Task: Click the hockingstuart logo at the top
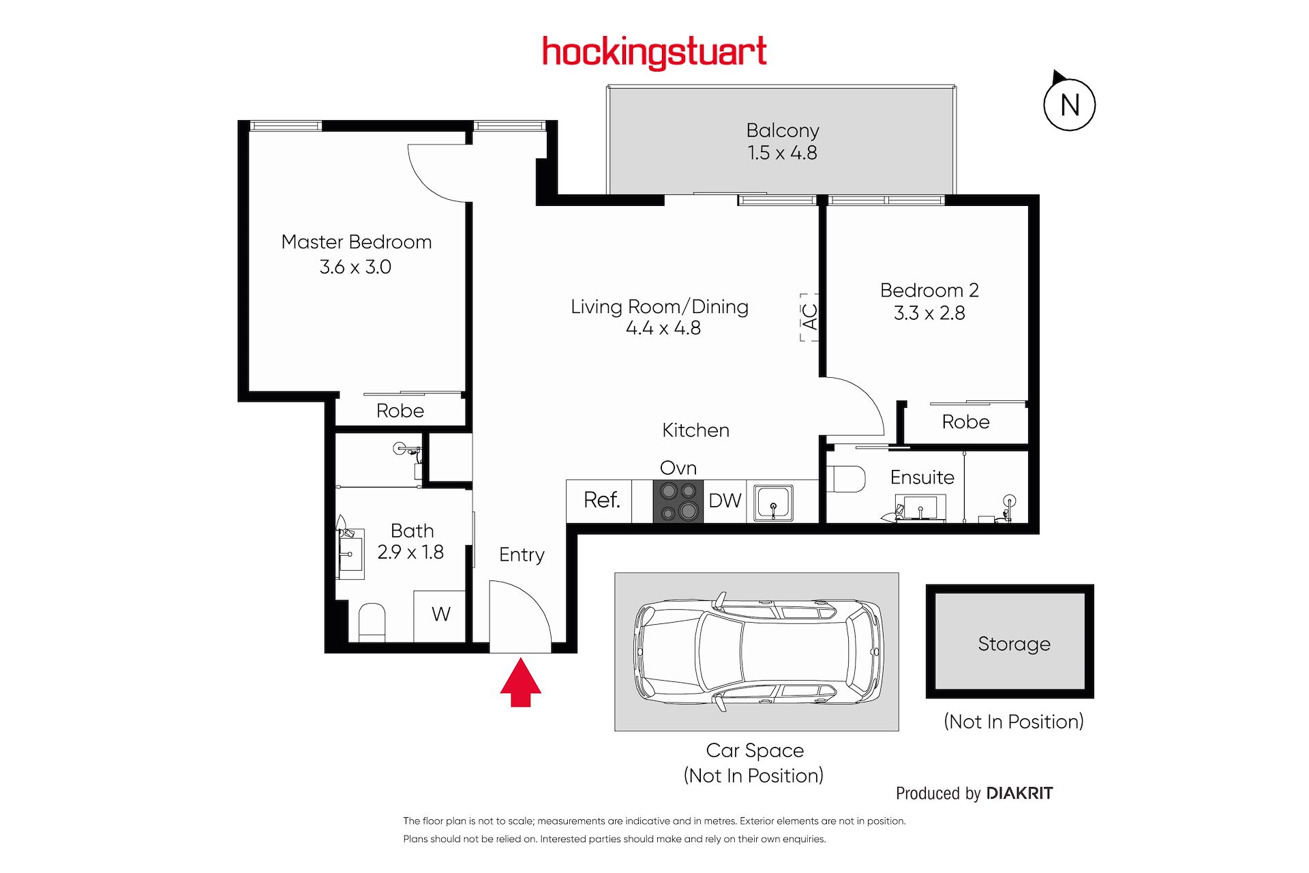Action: click(x=654, y=52)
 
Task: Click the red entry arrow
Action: click(x=521, y=682)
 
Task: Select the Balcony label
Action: click(x=783, y=130)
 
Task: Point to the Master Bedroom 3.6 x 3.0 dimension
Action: click(x=355, y=267)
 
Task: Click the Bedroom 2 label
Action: click(x=929, y=290)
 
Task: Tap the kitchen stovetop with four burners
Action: click(x=678, y=502)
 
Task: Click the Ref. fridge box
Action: click(x=599, y=502)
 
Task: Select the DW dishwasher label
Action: click(x=725, y=501)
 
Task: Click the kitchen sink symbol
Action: click(x=773, y=503)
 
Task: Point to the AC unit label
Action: click(x=809, y=316)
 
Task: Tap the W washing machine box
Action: click(x=440, y=616)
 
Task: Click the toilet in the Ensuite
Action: click(x=846, y=479)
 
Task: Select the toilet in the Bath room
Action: click(x=372, y=622)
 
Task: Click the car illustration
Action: click(x=757, y=651)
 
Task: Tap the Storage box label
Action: click(x=1014, y=644)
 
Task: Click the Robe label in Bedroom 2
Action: click(x=965, y=421)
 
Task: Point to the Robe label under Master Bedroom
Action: click(x=400, y=411)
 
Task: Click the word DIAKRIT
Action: click(x=1019, y=793)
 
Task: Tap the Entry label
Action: click(x=522, y=555)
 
